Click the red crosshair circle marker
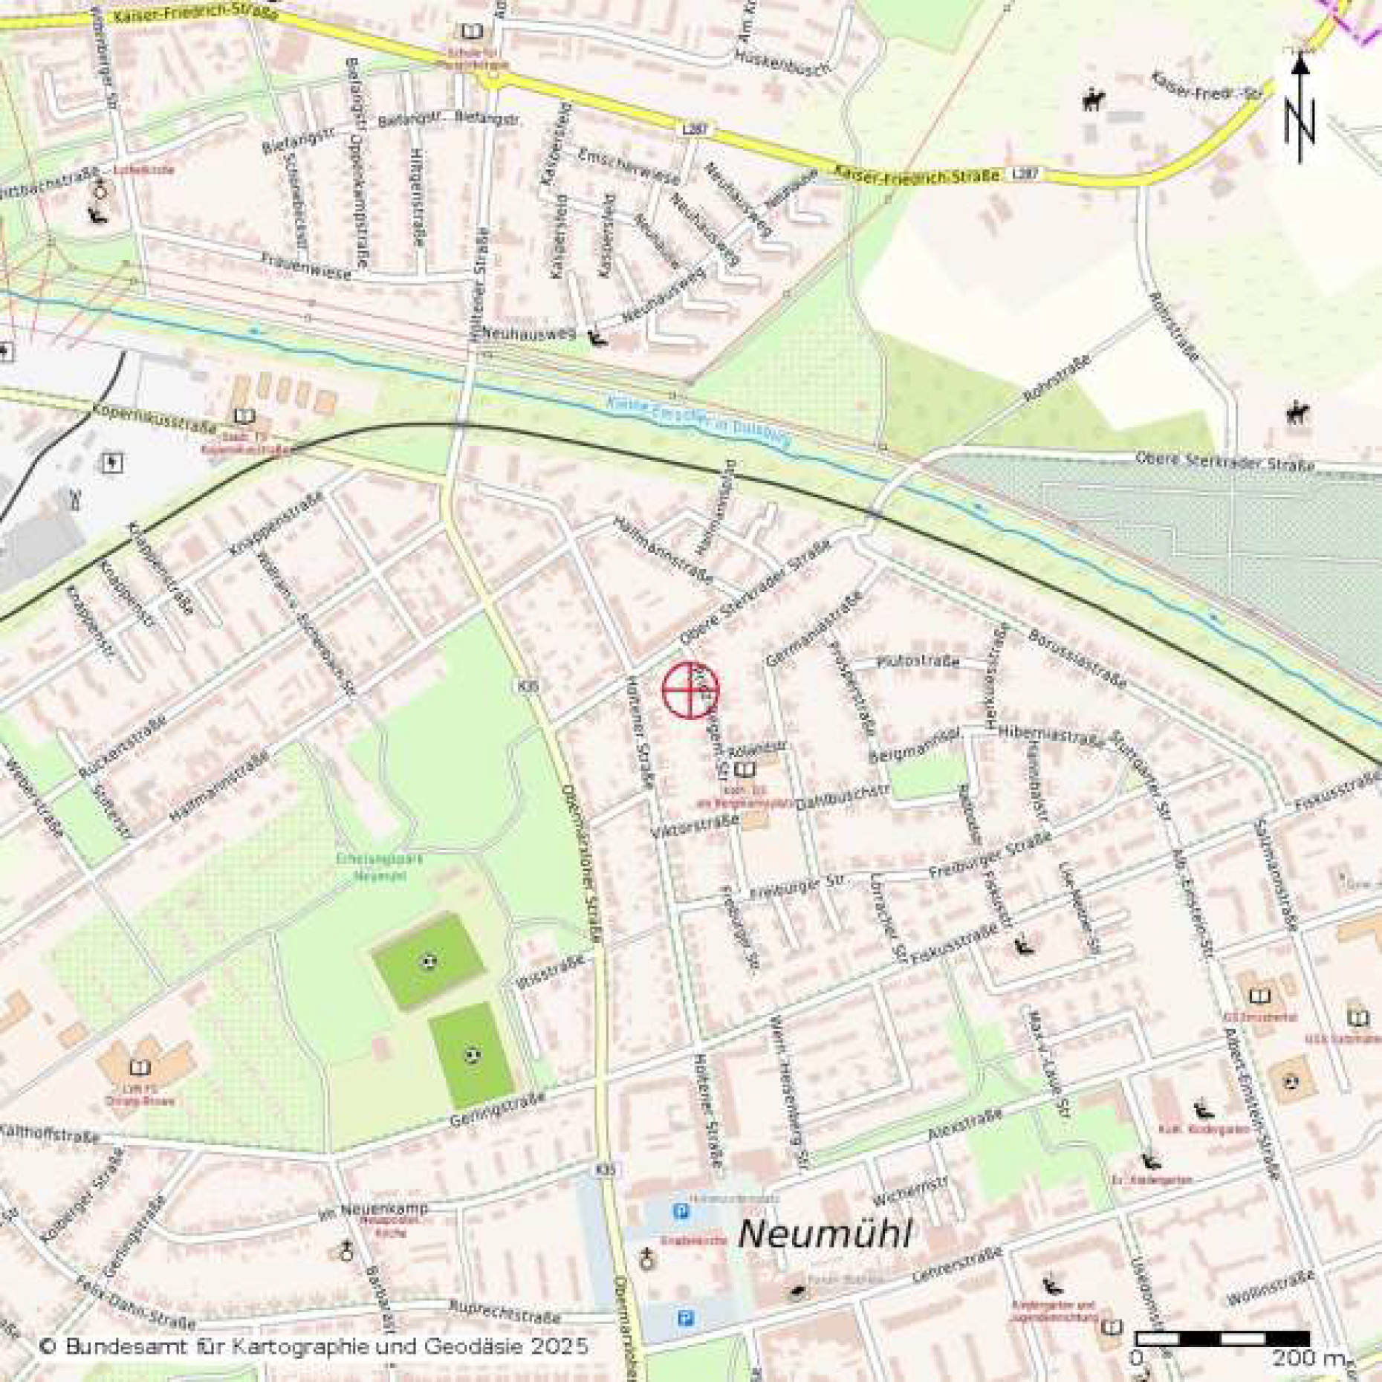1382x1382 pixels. (x=690, y=690)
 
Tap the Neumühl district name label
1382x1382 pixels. (x=824, y=1235)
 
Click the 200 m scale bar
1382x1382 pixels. (x=1222, y=1338)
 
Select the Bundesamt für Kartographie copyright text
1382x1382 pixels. (x=314, y=1346)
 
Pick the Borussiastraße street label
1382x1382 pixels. (x=1077, y=658)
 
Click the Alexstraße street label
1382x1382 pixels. (x=964, y=1125)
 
